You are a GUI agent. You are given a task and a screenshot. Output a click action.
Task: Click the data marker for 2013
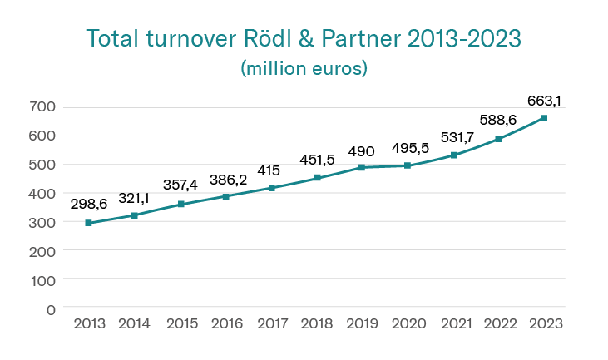89,223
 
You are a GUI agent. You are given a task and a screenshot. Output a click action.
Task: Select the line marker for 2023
544,118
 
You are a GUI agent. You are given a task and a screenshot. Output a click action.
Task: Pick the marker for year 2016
225,197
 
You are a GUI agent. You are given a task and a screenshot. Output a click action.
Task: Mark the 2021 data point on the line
454,155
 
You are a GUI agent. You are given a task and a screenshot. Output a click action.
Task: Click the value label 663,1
545,101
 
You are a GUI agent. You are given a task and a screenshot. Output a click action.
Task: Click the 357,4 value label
180,183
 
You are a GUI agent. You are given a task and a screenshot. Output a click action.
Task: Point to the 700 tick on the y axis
45,106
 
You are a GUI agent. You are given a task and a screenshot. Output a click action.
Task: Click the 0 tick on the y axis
52,309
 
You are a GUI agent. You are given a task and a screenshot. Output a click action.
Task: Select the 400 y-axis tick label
45,193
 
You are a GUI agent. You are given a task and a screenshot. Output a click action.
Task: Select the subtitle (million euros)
304,68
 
